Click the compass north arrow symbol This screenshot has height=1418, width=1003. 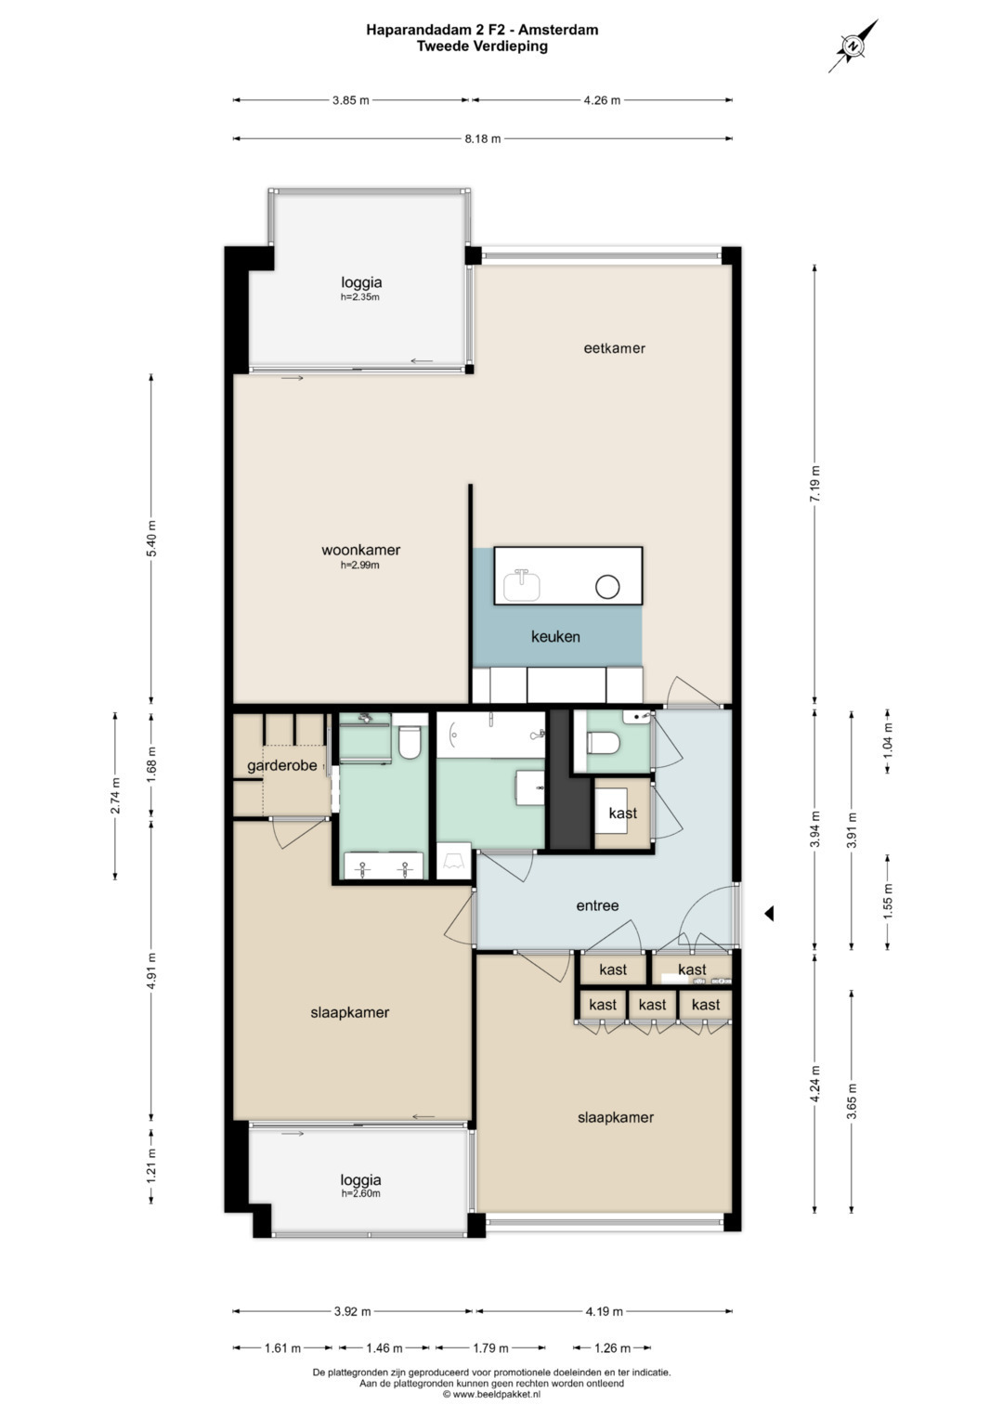coord(853,46)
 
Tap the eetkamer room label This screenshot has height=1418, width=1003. coord(614,348)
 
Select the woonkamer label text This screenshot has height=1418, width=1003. coord(360,550)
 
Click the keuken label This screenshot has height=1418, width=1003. coord(555,636)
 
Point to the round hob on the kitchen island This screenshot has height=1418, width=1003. coord(606,587)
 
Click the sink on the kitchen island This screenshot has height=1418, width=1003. coord(522,586)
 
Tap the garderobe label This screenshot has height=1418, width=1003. coord(281,766)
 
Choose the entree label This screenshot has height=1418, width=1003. coord(597,906)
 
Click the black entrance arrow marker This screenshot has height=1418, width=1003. coord(769,914)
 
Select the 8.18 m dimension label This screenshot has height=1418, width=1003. coord(483,138)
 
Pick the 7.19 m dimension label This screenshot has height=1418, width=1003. coord(815,484)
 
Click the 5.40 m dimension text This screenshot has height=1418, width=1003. coord(151,538)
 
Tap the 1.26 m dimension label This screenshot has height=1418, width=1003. coord(612,1347)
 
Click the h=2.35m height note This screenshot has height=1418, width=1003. coord(360,297)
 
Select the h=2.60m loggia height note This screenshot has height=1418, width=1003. coord(360,1193)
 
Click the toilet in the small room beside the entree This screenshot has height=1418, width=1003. coord(602,743)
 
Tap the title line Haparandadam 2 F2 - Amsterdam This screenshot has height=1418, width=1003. coord(482,29)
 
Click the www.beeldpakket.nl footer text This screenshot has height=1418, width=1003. coord(491,1393)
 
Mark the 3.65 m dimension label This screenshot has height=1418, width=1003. coord(852,1100)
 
